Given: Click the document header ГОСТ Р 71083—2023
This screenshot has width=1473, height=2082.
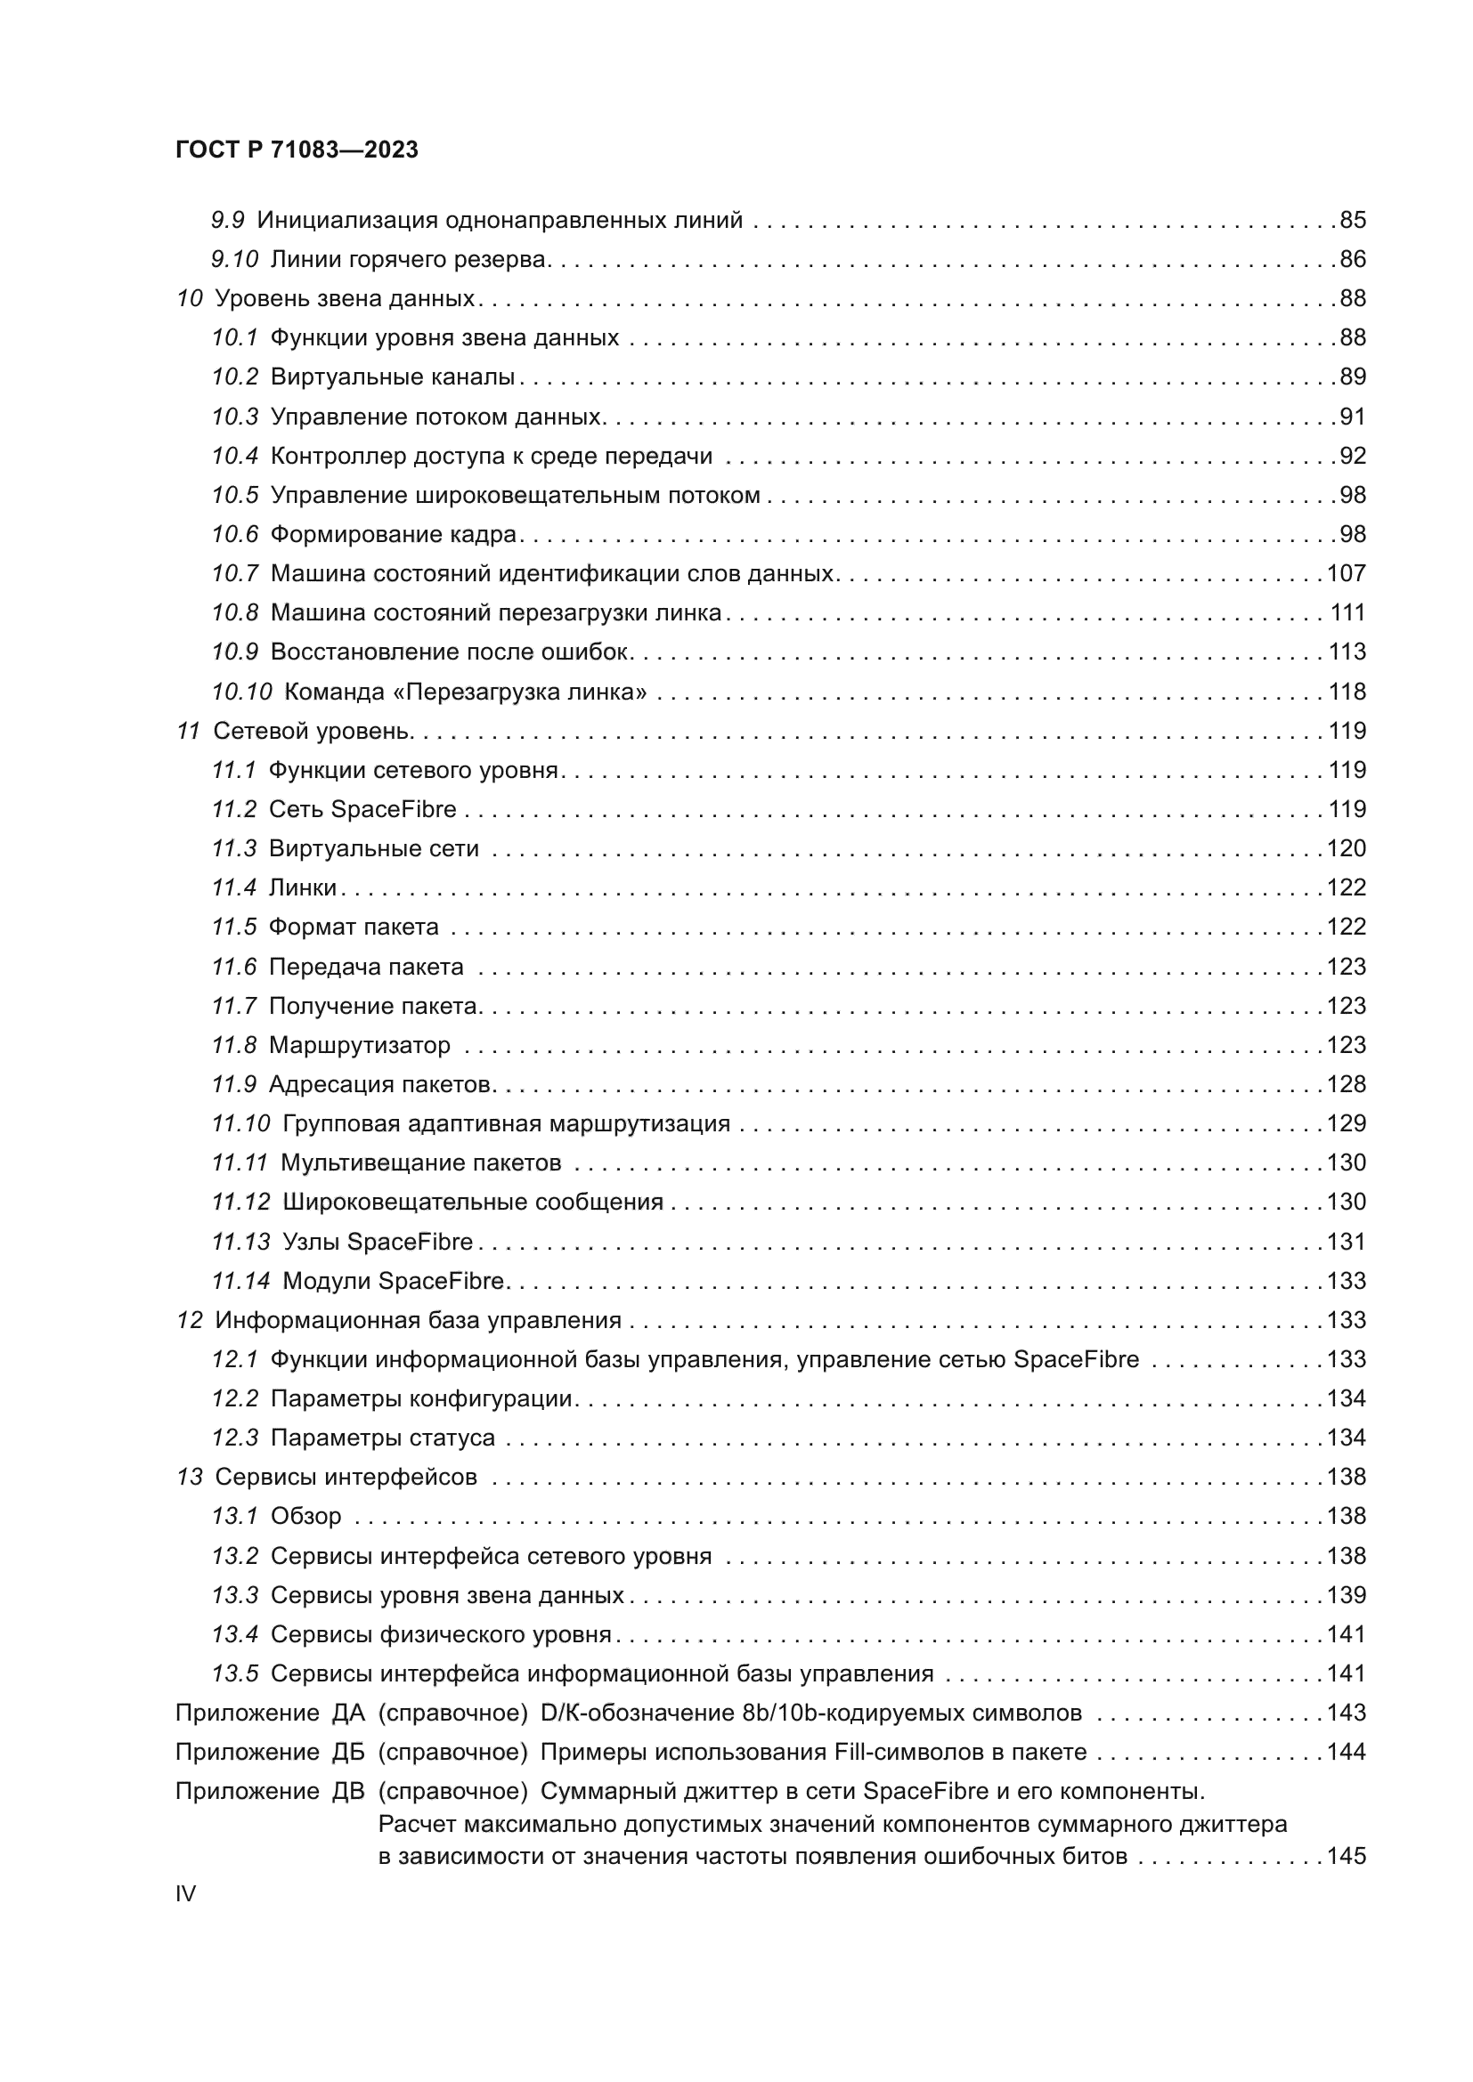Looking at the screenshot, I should [x=297, y=150].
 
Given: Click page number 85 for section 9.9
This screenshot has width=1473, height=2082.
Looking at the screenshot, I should [x=1353, y=221].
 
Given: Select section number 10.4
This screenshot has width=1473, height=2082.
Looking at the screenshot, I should [x=235, y=456].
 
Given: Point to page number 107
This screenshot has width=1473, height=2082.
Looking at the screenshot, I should [x=1346, y=573].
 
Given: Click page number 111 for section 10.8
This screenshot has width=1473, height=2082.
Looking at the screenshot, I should [x=1347, y=613].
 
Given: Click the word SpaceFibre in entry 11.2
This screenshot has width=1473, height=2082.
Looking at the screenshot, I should [x=394, y=809].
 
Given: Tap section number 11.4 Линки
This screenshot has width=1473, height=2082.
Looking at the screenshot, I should [x=234, y=887].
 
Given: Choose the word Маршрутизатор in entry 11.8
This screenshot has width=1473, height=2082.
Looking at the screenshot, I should [x=359, y=1045].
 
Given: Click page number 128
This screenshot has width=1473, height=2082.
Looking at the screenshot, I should [x=1346, y=1084].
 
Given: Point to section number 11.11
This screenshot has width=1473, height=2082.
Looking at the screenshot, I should [x=240, y=1163].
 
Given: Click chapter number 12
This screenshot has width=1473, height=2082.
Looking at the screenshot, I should [x=190, y=1320].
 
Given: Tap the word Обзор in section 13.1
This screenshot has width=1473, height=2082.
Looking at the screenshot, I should [x=305, y=1516].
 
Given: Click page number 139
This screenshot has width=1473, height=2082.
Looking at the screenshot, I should [x=1346, y=1595].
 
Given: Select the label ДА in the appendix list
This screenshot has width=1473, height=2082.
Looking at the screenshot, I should [x=348, y=1713].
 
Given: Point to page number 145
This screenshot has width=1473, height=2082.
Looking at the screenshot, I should [x=1346, y=1856].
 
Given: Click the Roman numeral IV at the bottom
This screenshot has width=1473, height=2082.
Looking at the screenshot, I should [x=185, y=1893].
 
